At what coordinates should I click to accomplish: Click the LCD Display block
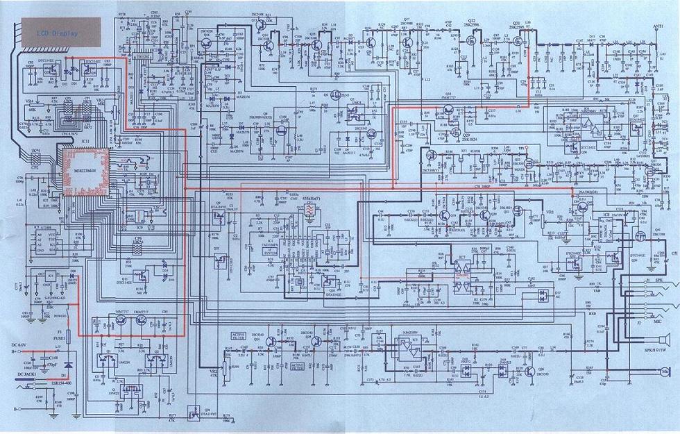coord(58,33)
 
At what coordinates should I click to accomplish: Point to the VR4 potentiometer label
coord(29,101)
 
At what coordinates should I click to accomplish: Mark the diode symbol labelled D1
coord(67,363)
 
